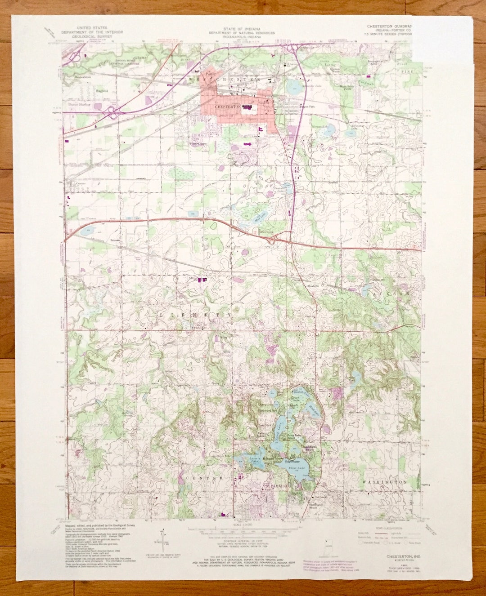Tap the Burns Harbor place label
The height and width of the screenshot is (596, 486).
click(79, 104)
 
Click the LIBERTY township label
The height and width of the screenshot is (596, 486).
click(196, 316)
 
